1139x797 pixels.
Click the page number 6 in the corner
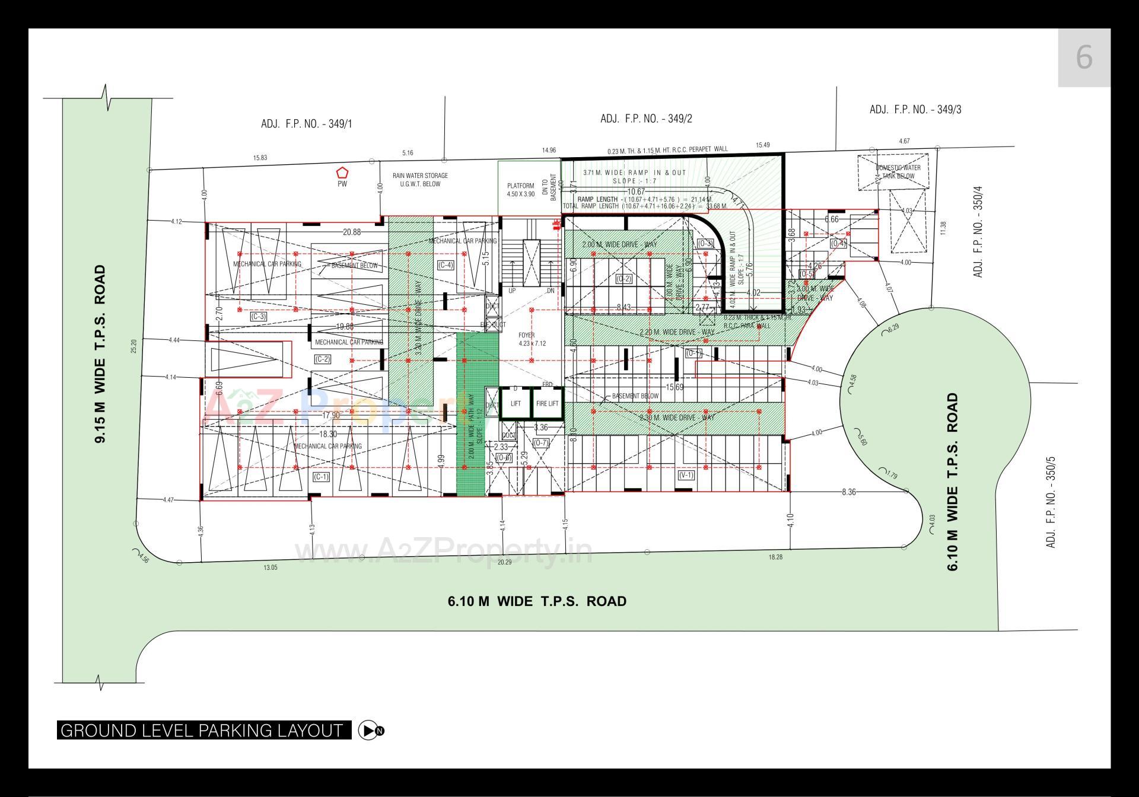tap(1084, 58)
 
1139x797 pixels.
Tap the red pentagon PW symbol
tap(342, 173)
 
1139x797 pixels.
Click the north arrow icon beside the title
tap(372, 730)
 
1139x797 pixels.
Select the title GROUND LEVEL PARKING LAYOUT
tap(202, 730)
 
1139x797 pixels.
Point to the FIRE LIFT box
tap(547, 403)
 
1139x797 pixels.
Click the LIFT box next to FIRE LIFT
tap(516, 403)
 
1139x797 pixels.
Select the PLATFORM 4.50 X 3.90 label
tap(520, 190)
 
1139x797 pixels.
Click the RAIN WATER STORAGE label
tap(420, 180)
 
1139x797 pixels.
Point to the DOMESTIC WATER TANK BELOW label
tap(898, 171)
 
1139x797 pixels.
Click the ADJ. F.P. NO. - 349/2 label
tap(646, 119)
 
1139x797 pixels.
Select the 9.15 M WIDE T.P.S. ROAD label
tap(100, 353)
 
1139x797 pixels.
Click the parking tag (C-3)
tap(258, 317)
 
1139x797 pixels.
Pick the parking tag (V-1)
tap(686, 475)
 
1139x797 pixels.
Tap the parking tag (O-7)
tap(541, 443)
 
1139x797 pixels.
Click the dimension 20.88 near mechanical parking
tap(352, 232)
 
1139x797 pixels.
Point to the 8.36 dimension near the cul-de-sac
tap(848, 492)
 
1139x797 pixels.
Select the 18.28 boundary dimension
tap(775, 557)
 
